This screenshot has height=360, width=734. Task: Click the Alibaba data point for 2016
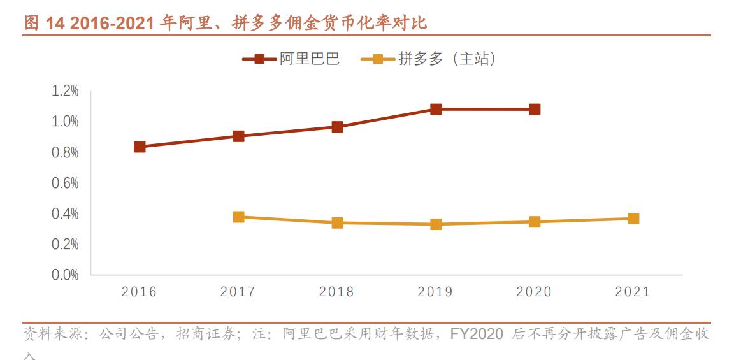tap(140, 147)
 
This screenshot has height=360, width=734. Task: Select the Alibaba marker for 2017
tap(238, 136)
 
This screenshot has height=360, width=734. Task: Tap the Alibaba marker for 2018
tap(337, 127)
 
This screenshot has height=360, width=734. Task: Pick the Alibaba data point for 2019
tap(436, 109)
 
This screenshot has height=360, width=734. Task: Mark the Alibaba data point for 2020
tap(535, 109)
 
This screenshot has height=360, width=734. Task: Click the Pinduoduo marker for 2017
tap(238, 217)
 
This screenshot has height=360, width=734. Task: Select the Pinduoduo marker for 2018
tap(337, 222)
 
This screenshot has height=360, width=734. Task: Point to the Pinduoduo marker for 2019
tap(436, 224)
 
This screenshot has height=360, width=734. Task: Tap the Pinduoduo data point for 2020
tap(535, 222)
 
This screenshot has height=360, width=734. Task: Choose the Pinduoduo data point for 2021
tap(633, 219)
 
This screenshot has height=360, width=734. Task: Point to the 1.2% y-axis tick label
tap(65, 91)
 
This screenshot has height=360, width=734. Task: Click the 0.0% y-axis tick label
tap(65, 275)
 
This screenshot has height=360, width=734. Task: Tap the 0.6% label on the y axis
tap(65, 184)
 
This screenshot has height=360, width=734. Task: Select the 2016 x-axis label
tap(139, 292)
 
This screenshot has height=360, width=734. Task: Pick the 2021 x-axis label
tap(633, 292)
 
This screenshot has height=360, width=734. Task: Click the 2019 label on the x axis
tap(435, 292)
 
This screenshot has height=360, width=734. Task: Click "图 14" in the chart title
tap(44, 24)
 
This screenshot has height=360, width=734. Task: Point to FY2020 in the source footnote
tap(477, 334)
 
